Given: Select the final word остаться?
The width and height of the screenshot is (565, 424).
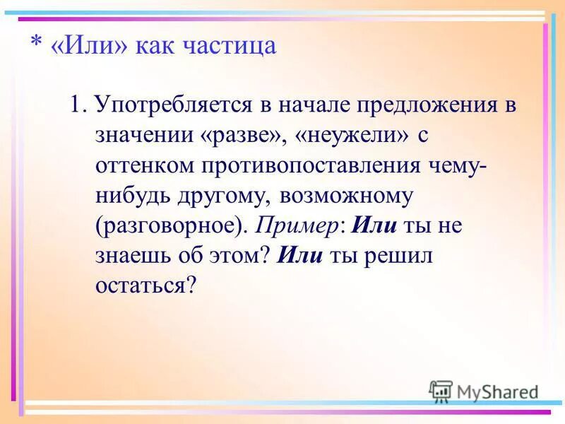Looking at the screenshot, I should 144,285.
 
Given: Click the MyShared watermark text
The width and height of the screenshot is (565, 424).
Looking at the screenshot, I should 497,392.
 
